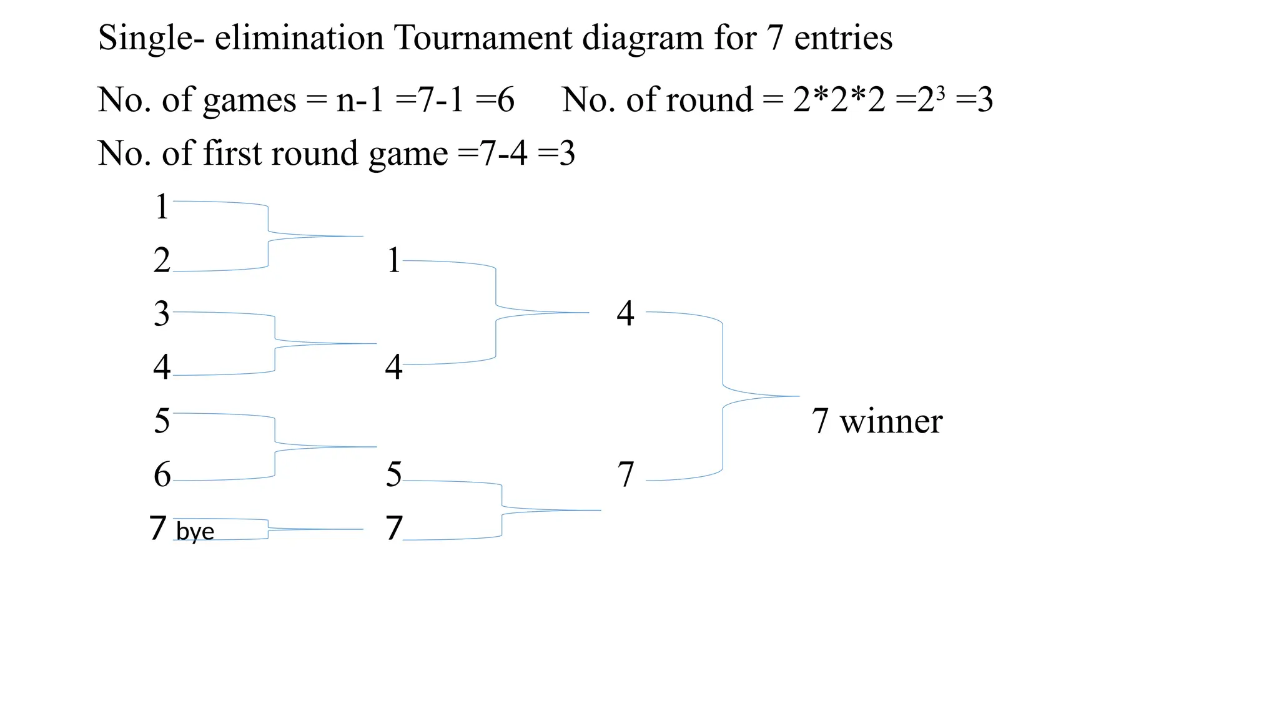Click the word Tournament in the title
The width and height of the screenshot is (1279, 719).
(483, 37)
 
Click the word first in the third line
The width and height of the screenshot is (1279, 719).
(234, 154)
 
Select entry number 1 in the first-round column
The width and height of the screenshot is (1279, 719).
(162, 207)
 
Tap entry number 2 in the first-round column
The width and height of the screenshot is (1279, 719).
(162, 260)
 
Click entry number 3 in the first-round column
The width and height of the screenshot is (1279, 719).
(162, 313)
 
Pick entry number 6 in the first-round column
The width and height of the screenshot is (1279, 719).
(162, 475)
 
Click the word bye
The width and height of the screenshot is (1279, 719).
(195, 532)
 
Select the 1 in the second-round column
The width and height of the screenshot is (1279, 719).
(393, 260)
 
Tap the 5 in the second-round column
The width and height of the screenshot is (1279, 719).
(393, 475)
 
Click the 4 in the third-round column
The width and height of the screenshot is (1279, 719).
(625, 313)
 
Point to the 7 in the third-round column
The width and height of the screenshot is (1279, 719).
(626, 475)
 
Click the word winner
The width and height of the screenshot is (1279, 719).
(891, 421)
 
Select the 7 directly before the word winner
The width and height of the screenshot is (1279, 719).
(820, 421)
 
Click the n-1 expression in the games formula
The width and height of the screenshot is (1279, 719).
(360, 100)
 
